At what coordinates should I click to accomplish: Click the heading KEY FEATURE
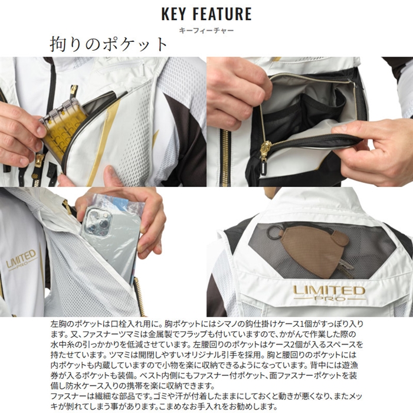[206, 14]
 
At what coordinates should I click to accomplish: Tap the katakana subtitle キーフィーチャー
[206, 31]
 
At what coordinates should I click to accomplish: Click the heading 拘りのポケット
[109, 44]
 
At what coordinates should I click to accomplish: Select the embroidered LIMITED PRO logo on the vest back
[329, 293]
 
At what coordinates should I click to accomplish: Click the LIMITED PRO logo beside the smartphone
[21, 260]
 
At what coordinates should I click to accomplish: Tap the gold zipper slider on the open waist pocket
[266, 149]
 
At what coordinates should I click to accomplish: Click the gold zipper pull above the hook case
[74, 92]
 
